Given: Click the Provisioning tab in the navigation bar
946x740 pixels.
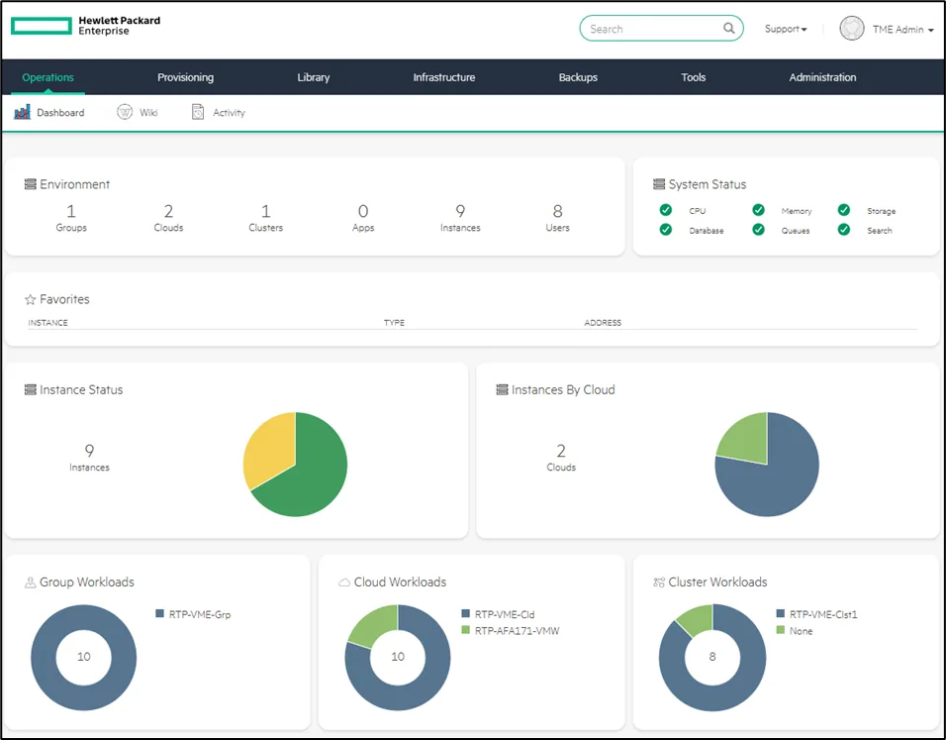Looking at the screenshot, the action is pyautogui.click(x=185, y=77).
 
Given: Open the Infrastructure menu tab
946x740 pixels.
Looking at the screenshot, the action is pyautogui.click(x=444, y=77).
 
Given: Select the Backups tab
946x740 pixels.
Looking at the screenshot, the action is pyautogui.click(x=578, y=77).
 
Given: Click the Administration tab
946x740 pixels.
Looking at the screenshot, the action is pyautogui.click(x=822, y=77).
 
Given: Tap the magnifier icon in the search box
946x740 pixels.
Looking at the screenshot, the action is pyautogui.click(x=729, y=29).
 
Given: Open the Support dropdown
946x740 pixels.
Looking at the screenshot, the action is pyautogui.click(x=786, y=29).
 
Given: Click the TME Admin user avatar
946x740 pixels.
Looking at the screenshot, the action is pyautogui.click(x=852, y=29).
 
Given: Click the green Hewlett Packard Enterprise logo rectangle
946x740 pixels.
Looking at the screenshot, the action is pyautogui.click(x=42, y=26).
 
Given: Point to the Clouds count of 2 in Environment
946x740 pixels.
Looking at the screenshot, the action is pyautogui.click(x=168, y=211).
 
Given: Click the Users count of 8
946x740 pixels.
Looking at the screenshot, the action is pyautogui.click(x=557, y=211).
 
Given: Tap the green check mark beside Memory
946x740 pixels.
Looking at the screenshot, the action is pyautogui.click(x=758, y=210).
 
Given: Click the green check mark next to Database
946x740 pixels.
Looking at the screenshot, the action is pyautogui.click(x=665, y=230).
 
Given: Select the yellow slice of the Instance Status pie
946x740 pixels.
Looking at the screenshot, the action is pyautogui.click(x=266, y=447).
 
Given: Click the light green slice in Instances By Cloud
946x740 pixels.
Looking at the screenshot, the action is pyautogui.click(x=745, y=436).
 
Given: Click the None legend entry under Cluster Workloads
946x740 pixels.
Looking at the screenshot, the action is pyautogui.click(x=795, y=631).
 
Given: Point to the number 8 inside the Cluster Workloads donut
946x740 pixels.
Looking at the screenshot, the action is pyautogui.click(x=712, y=657).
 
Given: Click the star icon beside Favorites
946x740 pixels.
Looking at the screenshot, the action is pyautogui.click(x=30, y=299).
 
